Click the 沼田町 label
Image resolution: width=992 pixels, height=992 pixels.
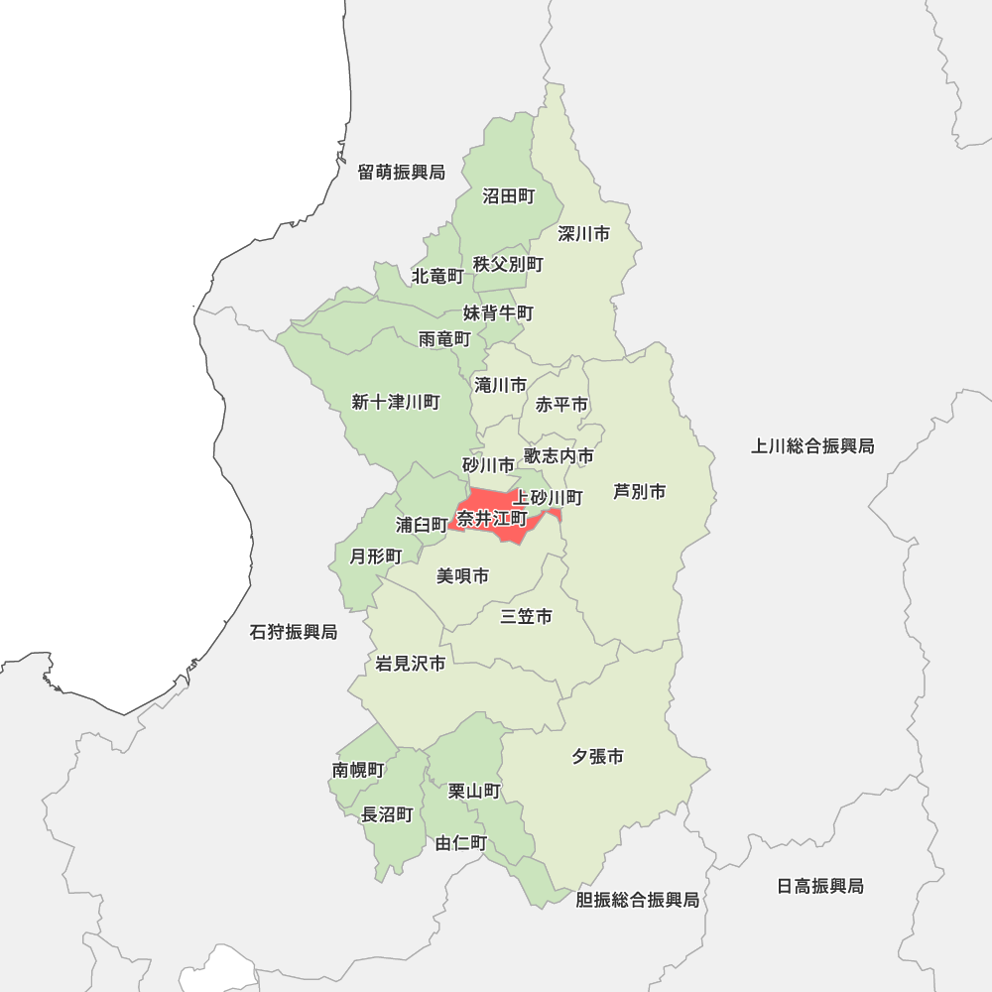click(x=508, y=196)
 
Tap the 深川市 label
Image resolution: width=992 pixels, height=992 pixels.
click(x=583, y=234)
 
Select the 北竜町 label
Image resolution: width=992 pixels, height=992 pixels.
click(x=437, y=276)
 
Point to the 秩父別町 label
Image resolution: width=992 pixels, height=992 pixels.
click(x=508, y=264)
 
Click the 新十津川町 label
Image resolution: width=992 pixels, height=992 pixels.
click(x=395, y=402)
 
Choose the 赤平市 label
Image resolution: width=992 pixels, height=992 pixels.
click(x=561, y=405)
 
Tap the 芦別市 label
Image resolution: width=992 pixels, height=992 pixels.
click(x=639, y=491)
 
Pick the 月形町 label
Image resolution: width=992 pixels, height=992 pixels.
click(x=376, y=556)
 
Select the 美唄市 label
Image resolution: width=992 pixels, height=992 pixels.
click(x=462, y=575)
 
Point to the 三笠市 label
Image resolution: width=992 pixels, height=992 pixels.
click(x=526, y=617)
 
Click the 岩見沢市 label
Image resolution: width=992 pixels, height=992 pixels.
click(x=410, y=664)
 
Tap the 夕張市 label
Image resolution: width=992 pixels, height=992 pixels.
click(x=597, y=757)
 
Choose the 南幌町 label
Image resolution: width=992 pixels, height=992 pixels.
click(x=358, y=770)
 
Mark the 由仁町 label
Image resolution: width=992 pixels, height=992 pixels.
click(x=461, y=843)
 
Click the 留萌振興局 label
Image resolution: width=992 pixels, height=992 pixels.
click(x=401, y=173)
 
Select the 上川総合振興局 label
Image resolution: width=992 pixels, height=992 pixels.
click(x=812, y=446)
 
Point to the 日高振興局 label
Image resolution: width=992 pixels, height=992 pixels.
click(x=819, y=886)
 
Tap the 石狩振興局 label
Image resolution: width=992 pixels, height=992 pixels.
click(x=294, y=632)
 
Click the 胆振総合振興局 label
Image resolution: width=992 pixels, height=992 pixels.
click(x=637, y=900)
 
